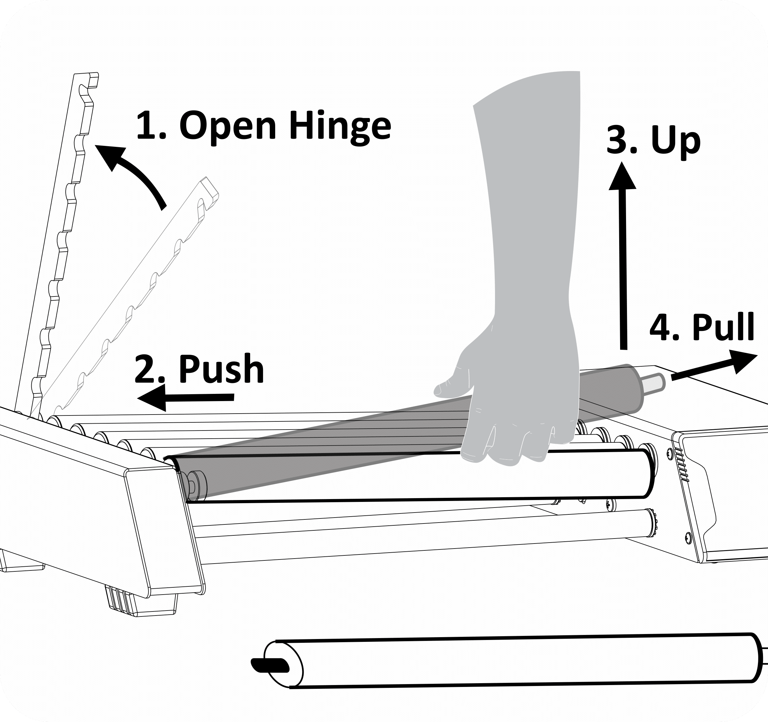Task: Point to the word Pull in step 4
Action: (723, 327)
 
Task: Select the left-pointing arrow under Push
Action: (185, 398)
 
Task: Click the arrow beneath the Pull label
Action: (715, 366)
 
